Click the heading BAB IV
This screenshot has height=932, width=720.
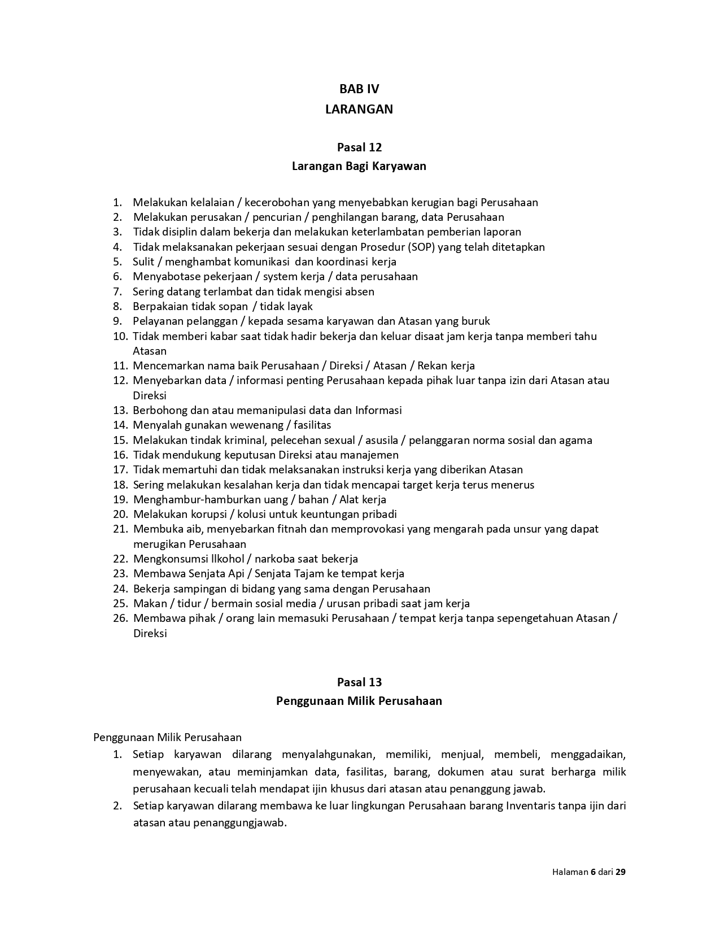[x=359, y=89]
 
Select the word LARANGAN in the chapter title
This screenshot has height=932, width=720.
[x=359, y=110]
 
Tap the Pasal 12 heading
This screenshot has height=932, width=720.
[x=359, y=147]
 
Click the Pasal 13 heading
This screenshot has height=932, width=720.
[x=359, y=682]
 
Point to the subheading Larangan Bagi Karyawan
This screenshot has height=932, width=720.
[x=359, y=166]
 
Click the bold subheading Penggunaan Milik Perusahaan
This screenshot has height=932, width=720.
[x=359, y=701]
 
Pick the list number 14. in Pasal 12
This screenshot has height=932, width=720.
[x=120, y=425]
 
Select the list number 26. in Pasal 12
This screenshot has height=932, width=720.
[x=120, y=619]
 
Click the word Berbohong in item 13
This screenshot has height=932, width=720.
[x=158, y=411]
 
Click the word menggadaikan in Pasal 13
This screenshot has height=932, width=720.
[x=588, y=755]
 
